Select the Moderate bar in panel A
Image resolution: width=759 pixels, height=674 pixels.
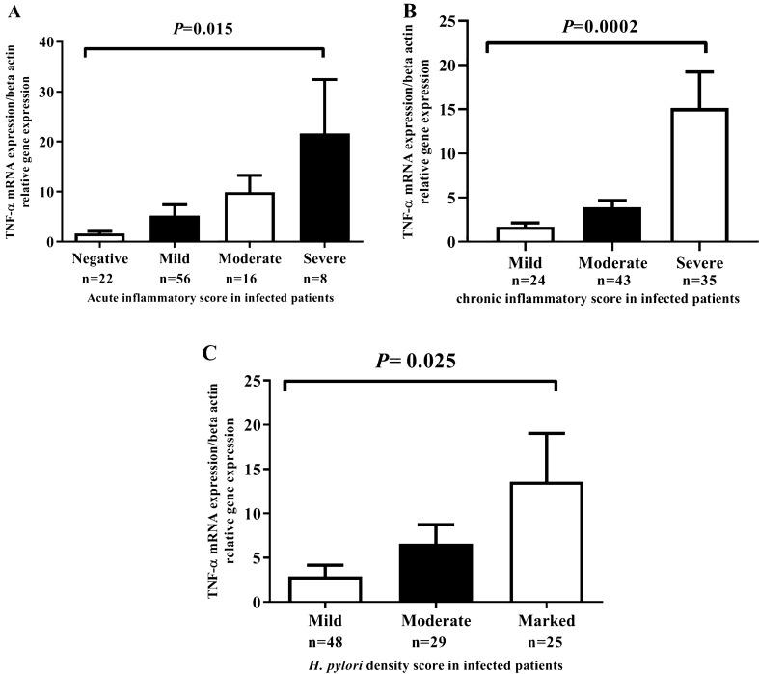click(x=230, y=217)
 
